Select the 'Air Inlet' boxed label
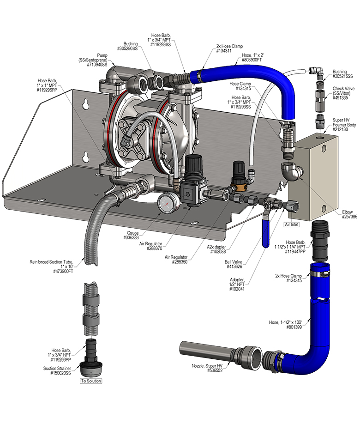pyautogui.click(x=292, y=224)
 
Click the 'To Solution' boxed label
pyautogui.click(x=91, y=381)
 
